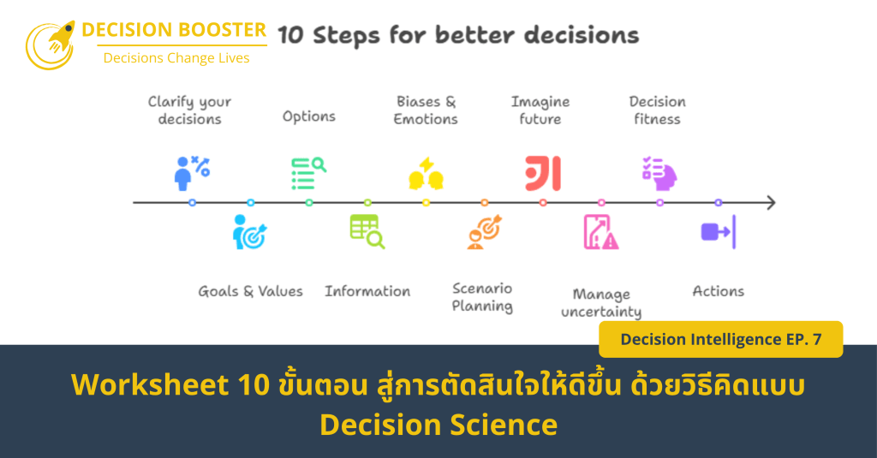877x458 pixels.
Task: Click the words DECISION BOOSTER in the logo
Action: pos(174,30)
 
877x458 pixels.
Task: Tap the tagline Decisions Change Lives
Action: pos(176,58)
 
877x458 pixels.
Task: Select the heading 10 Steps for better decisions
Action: pos(458,35)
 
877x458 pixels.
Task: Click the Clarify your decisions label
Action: pos(189,110)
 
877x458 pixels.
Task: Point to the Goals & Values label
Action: pos(250,291)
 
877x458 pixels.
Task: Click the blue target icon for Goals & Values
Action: pos(250,232)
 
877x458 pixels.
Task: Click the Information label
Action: pos(367,291)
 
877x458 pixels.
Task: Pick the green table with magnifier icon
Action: pos(367,232)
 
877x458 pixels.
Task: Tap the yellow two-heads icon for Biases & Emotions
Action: pos(426,174)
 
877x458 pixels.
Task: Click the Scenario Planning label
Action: pos(482,297)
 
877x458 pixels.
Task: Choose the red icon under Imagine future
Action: pos(543,173)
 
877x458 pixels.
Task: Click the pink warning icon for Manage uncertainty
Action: pos(601,232)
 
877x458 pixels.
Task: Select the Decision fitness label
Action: pos(657,110)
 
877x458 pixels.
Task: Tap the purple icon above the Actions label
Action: pos(718,232)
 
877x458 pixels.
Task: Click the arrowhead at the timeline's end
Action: pos(771,203)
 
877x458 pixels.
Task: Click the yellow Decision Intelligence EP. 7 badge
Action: pos(720,339)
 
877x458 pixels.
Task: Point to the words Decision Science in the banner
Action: pos(438,425)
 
